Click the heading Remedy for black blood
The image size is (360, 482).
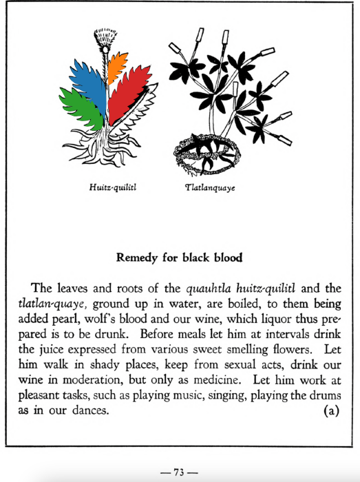180,259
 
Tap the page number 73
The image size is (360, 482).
180,472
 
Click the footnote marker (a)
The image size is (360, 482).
331,412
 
